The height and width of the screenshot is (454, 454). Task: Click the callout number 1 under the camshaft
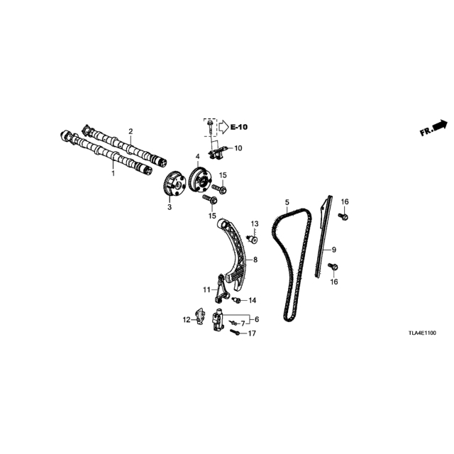click(x=113, y=173)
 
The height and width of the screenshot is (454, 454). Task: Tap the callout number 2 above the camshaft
click(x=131, y=131)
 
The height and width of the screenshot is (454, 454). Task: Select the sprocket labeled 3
click(x=172, y=184)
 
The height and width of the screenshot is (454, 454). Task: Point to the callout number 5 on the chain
click(x=287, y=201)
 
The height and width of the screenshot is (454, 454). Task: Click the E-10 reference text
click(x=239, y=127)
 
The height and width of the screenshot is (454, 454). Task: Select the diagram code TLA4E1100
click(x=422, y=333)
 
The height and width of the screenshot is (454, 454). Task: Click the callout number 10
click(x=238, y=148)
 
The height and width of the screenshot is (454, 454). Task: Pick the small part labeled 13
click(x=254, y=240)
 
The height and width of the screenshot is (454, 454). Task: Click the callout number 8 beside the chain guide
click(x=255, y=260)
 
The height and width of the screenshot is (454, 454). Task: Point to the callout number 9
click(x=334, y=249)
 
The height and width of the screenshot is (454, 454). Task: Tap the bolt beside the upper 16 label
click(x=343, y=216)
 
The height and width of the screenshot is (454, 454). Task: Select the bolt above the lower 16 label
click(x=333, y=266)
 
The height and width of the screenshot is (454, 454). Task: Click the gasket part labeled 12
click(x=200, y=316)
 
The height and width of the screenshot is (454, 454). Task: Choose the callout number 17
click(x=252, y=333)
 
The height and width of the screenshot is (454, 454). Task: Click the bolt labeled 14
click(x=236, y=299)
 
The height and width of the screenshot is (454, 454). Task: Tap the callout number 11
click(x=206, y=289)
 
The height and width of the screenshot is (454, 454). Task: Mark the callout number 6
click(x=257, y=319)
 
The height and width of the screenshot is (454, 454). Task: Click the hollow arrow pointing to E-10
click(x=223, y=127)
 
